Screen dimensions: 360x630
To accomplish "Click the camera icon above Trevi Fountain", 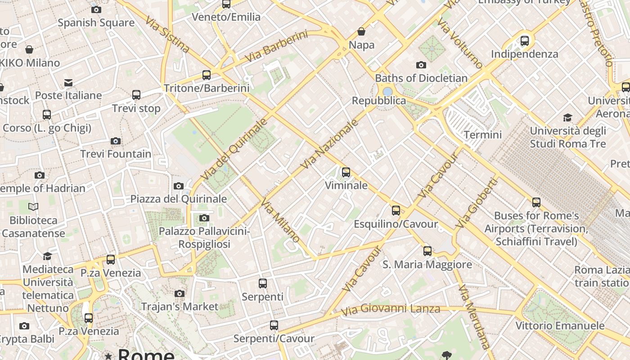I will [x=116, y=141].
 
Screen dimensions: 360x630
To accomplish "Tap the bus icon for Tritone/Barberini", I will [x=207, y=75].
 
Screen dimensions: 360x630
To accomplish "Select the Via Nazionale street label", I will [x=329, y=144].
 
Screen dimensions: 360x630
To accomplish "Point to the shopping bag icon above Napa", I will [x=361, y=31].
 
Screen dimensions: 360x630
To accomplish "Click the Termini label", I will [x=482, y=135].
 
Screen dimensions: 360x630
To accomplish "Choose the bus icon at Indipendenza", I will [x=525, y=41].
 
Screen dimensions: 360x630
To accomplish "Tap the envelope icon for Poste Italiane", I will [x=68, y=83].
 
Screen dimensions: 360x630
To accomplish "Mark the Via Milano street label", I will [x=280, y=220].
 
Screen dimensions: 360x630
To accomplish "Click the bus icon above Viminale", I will [x=346, y=172].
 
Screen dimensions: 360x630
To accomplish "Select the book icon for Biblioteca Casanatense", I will [x=33, y=207].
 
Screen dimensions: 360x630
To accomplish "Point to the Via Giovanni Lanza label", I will [x=390, y=310].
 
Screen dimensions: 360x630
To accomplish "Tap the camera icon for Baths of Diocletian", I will [x=421, y=65].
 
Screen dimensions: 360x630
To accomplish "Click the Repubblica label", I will [x=379, y=100].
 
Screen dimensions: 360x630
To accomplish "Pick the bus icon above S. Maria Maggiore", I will [x=427, y=251].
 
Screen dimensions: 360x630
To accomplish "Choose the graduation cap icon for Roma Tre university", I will [x=568, y=118].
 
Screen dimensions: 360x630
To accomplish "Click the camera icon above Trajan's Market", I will [x=180, y=294].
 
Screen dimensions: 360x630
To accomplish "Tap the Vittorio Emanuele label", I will [x=560, y=325].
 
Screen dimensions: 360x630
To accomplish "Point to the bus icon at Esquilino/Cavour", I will [x=396, y=211].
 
